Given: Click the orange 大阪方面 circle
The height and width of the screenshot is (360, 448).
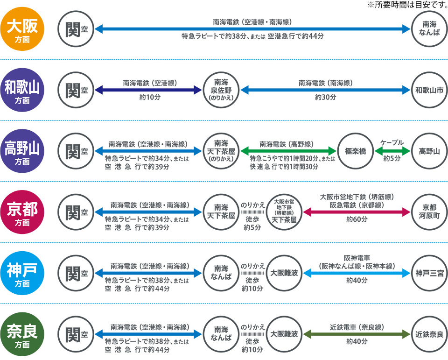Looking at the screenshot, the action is pos(22,29).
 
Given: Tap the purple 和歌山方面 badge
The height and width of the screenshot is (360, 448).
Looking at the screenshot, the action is pos(22,90).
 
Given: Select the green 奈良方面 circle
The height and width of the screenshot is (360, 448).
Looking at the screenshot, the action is pos(22,334).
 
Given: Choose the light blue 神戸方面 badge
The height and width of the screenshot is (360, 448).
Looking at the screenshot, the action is pos(22,273).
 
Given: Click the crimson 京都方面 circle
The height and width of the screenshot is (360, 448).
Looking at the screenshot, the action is pos(22,212).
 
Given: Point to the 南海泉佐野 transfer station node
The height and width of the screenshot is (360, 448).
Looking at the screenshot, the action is pos(221,90).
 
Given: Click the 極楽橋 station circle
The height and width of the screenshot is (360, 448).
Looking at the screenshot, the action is pos(356,151).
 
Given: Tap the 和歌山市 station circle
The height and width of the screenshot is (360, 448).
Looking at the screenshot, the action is pos(429,90).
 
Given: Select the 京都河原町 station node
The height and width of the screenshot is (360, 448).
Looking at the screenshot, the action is pos(429,212).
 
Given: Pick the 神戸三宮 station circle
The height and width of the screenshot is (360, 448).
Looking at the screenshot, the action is pos(429,273).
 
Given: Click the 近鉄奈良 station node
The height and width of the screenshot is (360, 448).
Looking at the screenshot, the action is pos(429,334).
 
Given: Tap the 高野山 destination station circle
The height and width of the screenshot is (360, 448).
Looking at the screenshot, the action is pos(429,151).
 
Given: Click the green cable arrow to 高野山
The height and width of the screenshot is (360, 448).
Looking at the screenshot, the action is pos(392,151).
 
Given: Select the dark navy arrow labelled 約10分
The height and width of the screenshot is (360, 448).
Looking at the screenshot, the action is pos(148,90).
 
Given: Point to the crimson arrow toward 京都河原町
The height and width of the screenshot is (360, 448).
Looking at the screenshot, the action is pos(357,212).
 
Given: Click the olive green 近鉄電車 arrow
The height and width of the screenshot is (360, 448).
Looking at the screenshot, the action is pos(357,334).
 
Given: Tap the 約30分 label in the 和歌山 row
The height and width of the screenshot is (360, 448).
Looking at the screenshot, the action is pos(325,98).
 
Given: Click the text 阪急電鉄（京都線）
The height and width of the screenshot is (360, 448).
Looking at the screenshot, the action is pos(357,205).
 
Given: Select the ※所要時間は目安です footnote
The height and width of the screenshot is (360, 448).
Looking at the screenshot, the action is pos(407,5).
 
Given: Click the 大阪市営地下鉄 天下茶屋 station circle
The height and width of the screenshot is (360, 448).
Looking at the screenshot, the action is pos(284,212).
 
